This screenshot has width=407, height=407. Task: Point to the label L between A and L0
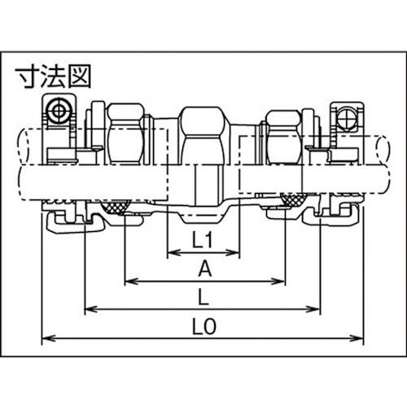coord(203,296)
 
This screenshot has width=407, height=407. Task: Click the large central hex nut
coord(203,134)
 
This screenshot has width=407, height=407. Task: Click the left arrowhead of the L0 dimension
coord(46,336)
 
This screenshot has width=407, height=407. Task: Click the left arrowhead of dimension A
coord(129,282)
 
